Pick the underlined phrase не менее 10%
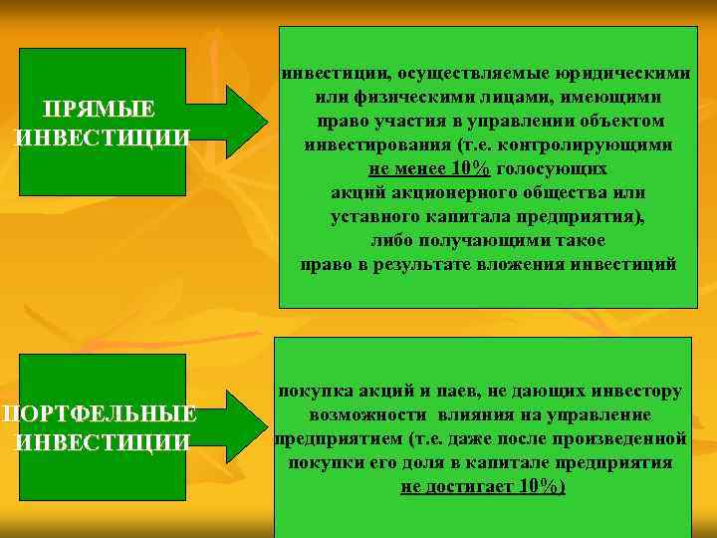click(x=428, y=169)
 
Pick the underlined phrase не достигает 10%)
click(x=483, y=487)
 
